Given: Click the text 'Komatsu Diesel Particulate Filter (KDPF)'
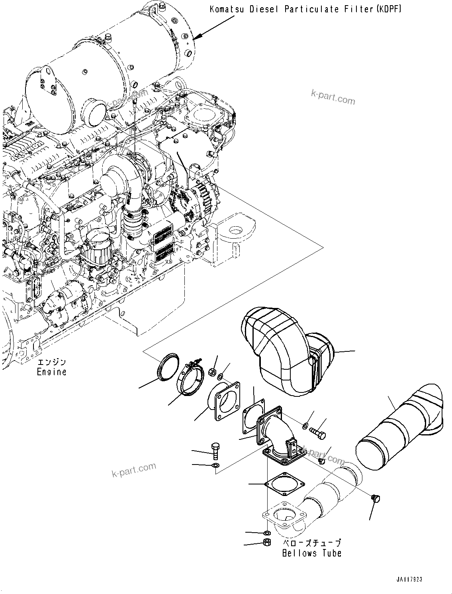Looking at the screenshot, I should tap(305, 8).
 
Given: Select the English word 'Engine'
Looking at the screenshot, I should tap(51, 372).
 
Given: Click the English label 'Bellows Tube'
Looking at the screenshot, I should tap(312, 553).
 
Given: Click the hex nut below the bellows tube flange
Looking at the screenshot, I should tap(267, 543).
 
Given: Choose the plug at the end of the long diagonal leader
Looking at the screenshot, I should tap(375, 498).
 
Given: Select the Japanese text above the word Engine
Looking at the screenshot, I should tap(51, 363).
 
